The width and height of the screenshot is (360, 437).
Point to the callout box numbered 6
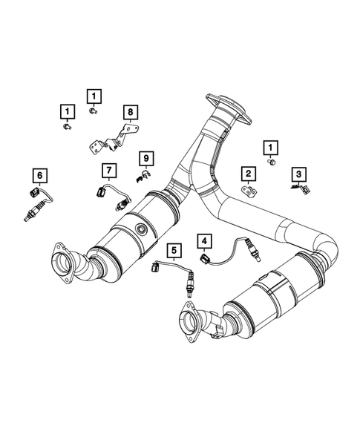pyautogui.click(x=39, y=175)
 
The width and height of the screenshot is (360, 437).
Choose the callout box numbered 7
pyautogui.click(x=108, y=171)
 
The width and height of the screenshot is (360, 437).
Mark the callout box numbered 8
pyautogui.click(x=130, y=113)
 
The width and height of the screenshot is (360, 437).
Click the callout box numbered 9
pyautogui.click(x=147, y=157)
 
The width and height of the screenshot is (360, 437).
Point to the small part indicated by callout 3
pyautogui.click(x=299, y=190)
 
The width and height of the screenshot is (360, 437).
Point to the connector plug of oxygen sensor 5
pyautogui.click(x=157, y=269)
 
